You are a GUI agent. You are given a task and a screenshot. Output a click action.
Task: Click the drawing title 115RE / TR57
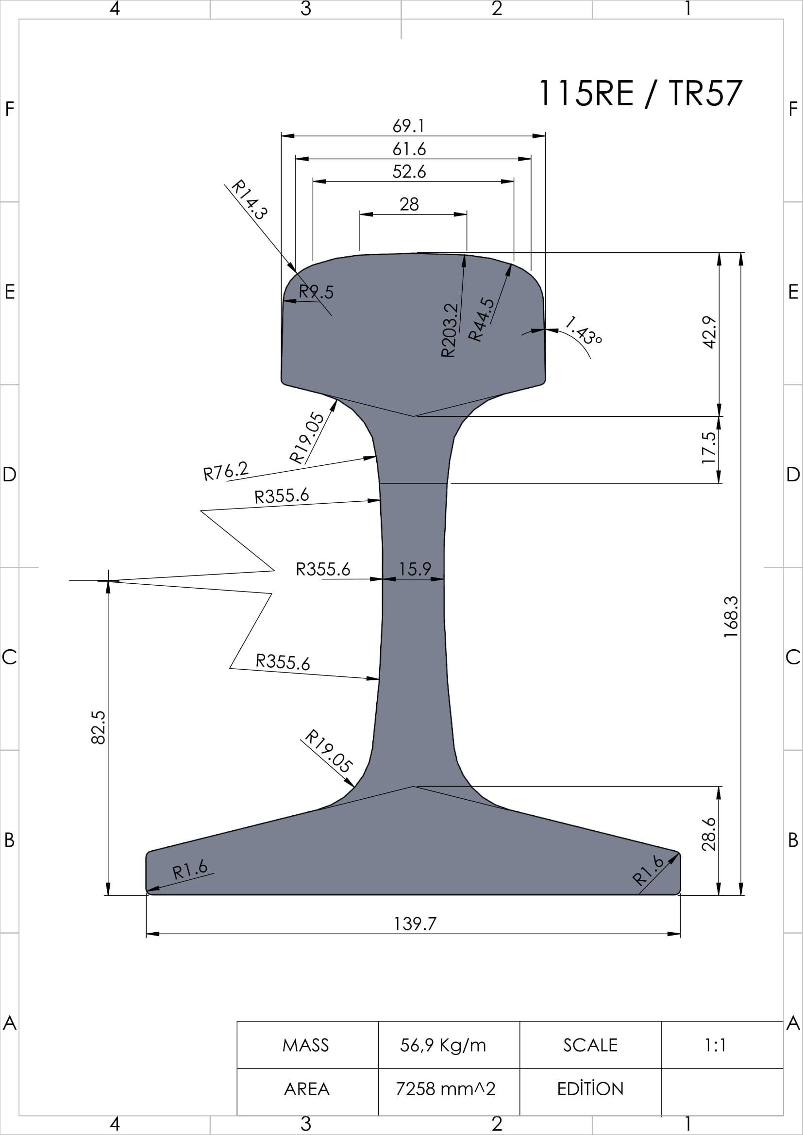point(640,93)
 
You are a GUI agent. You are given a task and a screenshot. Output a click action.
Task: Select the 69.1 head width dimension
point(409,126)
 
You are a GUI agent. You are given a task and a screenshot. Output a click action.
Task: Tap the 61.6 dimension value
point(409,149)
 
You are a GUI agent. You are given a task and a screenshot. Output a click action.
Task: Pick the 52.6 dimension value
point(409,171)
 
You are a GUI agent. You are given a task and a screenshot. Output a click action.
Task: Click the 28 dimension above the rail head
point(409,204)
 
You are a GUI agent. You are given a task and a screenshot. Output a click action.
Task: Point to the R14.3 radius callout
point(250,199)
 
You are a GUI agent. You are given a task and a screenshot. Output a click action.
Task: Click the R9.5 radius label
point(317,292)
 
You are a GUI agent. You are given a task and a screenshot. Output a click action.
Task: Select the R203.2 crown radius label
point(450,329)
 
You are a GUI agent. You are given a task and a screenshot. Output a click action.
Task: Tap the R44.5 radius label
point(481,319)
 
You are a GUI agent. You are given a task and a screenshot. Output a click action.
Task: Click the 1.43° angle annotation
point(584,330)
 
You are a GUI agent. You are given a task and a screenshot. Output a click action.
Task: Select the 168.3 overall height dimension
point(731,616)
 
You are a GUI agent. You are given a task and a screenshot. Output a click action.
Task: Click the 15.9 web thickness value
point(415,569)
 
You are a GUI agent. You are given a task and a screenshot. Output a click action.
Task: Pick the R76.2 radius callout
point(226,471)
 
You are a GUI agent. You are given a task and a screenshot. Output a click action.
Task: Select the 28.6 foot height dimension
point(709,834)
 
